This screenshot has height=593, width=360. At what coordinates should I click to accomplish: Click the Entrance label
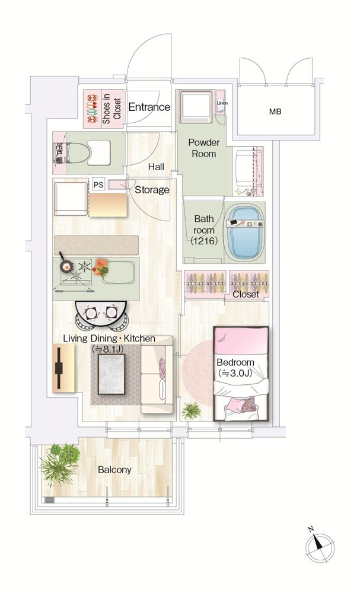pyautogui.click(x=149, y=107)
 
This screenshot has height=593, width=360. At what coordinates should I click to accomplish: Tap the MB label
pyautogui.click(x=275, y=111)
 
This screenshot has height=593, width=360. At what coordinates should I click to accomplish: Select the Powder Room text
pyautogui.click(x=204, y=148)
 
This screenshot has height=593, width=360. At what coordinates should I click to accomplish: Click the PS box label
pyautogui.click(x=98, y=184)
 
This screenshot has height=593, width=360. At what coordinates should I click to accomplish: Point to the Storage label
pyautogui.click(x=152, y=190)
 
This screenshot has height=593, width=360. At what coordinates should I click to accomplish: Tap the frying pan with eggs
pyautogui.click(x=67, y=266)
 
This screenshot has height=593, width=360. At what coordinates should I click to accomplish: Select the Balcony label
pyautogui.click(x=114, y=470)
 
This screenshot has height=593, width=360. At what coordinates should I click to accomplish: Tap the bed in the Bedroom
pyautogui.click(x=241, y=374)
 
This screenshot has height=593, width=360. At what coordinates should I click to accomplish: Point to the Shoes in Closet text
pyautogui.click(x=111, y=107)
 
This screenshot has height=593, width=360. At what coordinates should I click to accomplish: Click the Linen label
pyautogui.click(x=222, y=103)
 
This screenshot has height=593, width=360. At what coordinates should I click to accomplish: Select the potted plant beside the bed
pyautogui.click(x=192, y=410)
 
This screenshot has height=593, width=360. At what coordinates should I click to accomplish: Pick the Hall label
pyautogui.click(x=156, y=167)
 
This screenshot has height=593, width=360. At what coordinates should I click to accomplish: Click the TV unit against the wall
pyautogui.click(x=62, y=368)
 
